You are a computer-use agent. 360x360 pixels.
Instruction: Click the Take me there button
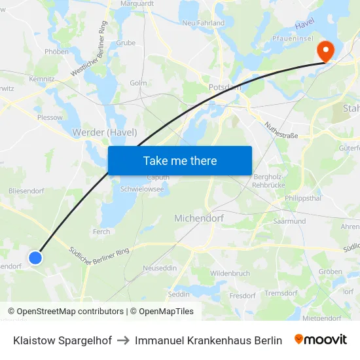(x=179, y=160)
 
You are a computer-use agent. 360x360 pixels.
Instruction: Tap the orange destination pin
(x=325, y=51)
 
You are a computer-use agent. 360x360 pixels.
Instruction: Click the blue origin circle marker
(x=35, y=257)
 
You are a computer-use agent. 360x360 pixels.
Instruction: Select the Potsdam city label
(x=225, y=86)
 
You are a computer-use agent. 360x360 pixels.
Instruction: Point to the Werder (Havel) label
(x=105, y=132)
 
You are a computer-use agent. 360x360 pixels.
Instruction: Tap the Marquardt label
(x=137, y=3)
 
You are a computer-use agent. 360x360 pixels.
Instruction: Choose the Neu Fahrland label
(x=203, y=23)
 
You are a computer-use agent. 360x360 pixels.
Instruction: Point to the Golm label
(x=138, y=83)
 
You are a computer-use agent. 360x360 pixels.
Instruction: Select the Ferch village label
(x=101, y=232)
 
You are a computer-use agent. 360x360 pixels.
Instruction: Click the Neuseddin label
(x=160, y=268)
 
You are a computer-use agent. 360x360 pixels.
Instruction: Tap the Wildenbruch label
(x=230, y=273)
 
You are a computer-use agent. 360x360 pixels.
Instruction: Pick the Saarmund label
(x=290, y=222)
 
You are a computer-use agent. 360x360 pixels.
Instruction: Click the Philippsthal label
(x=304, y=197)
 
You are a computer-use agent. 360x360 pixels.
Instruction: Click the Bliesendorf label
(x=26, y=190)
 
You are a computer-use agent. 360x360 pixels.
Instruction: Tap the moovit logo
(x=321, y=340)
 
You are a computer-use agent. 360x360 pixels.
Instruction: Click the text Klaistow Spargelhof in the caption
(x=62, y=340)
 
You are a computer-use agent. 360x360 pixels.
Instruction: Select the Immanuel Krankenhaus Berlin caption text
(x=208, y=340)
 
